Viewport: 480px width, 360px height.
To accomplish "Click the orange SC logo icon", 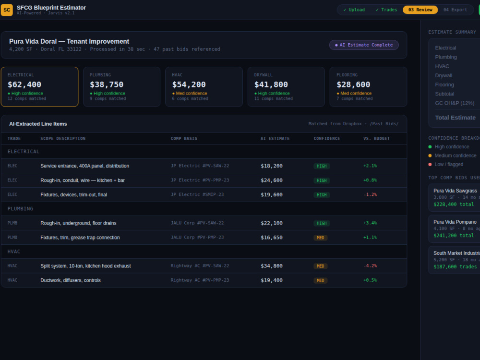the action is pos(7,10).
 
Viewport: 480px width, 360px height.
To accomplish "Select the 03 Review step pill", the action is pos(420,10).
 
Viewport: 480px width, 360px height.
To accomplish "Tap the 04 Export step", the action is pos(455,10).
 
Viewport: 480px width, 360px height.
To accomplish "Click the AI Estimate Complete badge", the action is pos(364,45).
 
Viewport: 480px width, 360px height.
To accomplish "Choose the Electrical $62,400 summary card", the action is pos(39,86).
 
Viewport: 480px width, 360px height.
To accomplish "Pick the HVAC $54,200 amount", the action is pos(189,84).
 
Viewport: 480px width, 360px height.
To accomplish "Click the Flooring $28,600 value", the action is pos(353,84).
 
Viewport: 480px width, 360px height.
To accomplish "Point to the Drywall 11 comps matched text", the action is pos(274,98).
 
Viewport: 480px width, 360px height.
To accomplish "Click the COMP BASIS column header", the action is pos(184,139).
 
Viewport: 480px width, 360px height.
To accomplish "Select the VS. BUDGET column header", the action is pos(376,139).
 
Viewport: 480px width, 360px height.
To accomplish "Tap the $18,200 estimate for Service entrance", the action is pos(272,166).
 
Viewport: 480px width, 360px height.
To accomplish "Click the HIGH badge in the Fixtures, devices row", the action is pos(322,195).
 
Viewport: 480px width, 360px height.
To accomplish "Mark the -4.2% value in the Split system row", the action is pos(370,266).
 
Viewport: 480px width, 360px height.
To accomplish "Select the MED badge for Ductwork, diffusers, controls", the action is pos(320,280).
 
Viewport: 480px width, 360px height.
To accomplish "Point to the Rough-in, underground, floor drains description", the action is pos(78,223).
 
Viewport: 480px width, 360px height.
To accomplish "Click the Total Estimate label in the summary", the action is pos(455,118).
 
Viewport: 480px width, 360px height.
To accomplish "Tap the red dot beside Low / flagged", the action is pos(430,164).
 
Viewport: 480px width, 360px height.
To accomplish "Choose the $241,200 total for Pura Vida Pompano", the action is pos(454,235).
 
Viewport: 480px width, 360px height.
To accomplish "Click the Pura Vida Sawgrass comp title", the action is pos(455,191).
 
